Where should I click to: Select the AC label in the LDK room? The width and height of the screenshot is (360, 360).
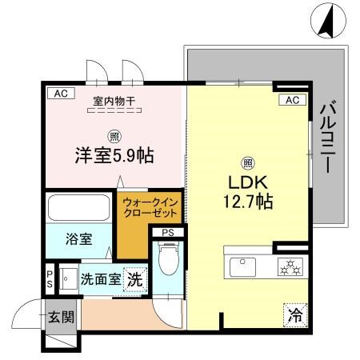(292, 100)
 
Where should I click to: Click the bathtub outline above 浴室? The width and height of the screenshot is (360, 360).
(79, 208)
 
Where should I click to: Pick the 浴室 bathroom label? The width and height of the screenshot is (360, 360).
(78, 238)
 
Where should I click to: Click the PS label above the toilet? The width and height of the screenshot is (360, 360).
(167, 233)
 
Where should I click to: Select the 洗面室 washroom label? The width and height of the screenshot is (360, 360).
(101, 280)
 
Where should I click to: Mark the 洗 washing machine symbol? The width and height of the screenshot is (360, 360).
(136, 280)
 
